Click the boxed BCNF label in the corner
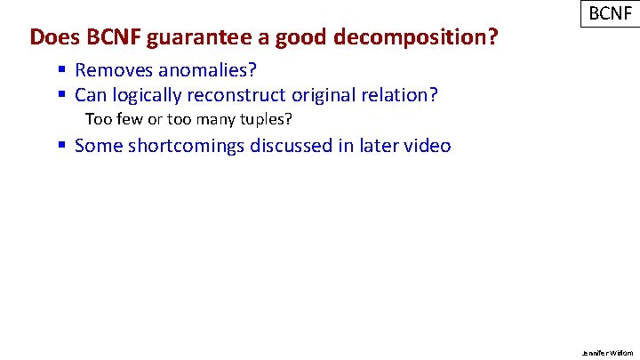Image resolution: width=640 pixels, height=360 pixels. point(609,15)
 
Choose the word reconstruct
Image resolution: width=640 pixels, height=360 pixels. point(242,94)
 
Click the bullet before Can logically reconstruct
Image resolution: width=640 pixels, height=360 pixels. point(62,94)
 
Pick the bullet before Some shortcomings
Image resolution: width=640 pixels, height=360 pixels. point(62,145)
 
